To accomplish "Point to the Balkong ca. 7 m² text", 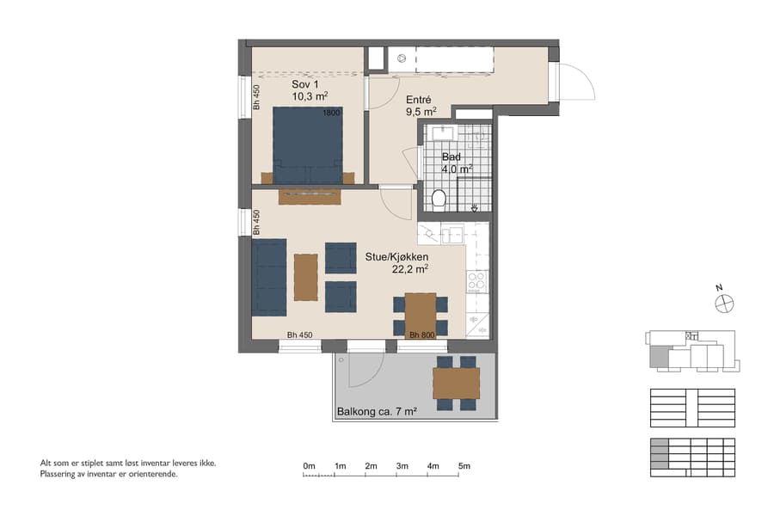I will [x=377, y=412].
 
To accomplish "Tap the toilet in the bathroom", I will [x=439, y=200].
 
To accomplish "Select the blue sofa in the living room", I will [x=268, y=277].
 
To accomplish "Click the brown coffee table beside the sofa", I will [x=305, y=277].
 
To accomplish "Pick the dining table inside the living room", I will [x=421, y=315].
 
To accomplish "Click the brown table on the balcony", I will [x=456, y=383].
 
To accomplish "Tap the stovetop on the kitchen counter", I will [x=476, y=280].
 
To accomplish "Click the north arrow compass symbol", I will [x=724, y=301].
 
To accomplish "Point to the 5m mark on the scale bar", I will [x=464, y=466].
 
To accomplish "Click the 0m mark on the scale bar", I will [x=310, y=466].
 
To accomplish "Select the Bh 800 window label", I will [x=421, y=335].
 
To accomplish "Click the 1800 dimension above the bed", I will [x=331, y=113].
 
